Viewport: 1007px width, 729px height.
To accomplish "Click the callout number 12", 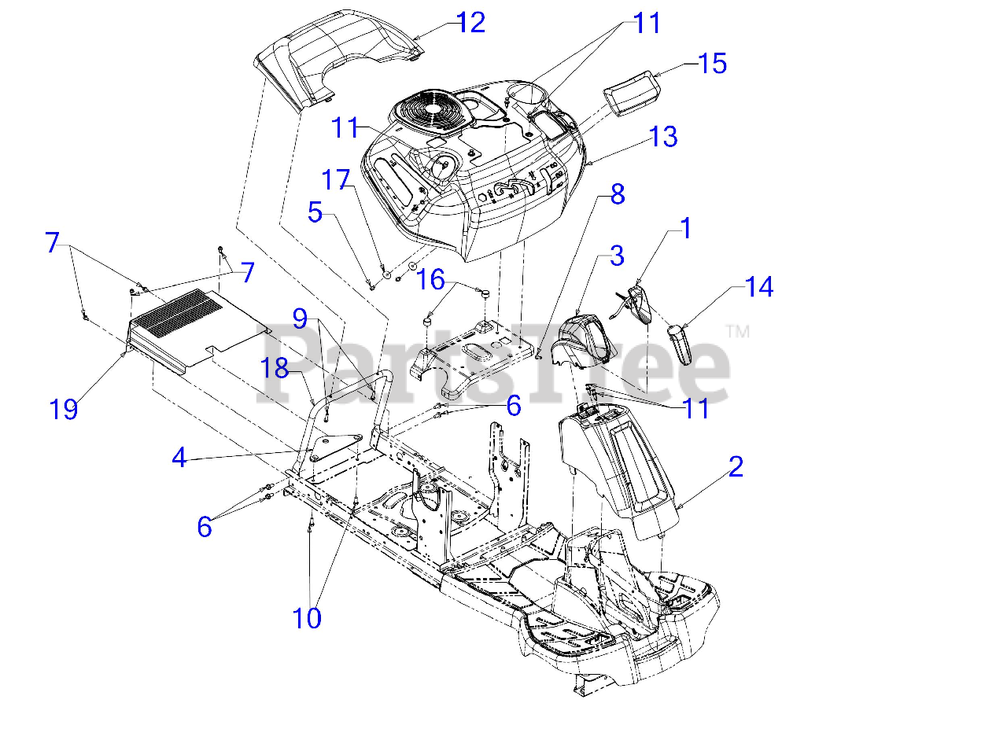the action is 470,23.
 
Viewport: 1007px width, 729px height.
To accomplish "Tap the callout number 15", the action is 712,64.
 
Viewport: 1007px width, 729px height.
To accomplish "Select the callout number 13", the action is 663,136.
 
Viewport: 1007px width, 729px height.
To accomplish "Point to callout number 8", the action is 618,194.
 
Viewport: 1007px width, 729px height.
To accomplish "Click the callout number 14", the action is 759,286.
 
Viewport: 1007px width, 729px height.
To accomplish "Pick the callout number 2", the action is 736,466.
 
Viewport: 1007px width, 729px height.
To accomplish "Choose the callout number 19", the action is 64,410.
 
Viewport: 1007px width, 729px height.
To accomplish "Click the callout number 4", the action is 179,458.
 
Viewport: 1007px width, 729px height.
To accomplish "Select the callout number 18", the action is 275,368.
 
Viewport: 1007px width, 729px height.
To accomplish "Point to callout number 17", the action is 336,179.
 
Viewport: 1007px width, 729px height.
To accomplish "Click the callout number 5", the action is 315,212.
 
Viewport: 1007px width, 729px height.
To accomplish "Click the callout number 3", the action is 617,256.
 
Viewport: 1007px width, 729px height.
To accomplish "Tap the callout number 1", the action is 686,228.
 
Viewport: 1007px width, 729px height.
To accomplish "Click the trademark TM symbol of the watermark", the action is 738,332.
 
